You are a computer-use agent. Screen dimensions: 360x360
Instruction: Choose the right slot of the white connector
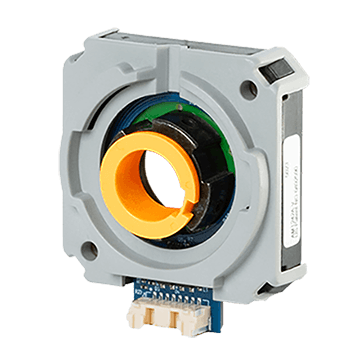pyautogui.click(x=188, y=319)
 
